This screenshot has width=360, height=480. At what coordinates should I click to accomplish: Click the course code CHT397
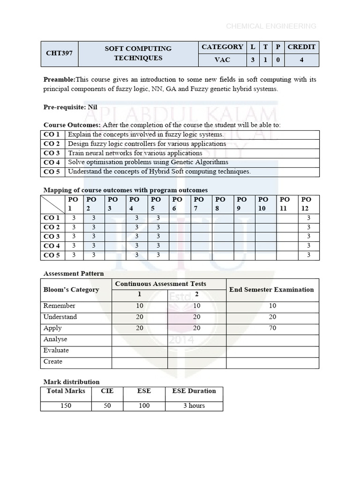point(59,53)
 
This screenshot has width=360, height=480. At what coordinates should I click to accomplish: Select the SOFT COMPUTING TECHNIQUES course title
point(138,53)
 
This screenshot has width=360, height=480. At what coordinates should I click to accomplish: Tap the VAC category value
point(222,60)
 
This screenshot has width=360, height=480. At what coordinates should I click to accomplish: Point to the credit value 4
point(301,60)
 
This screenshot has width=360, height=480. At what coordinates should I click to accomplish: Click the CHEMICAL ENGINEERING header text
point(271,26)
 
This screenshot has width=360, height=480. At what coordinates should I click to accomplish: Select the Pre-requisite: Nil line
point(70,107)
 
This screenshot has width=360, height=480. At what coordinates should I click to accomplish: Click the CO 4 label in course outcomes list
point(52,162)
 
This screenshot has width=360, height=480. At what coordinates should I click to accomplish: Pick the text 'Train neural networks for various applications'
point(135,153)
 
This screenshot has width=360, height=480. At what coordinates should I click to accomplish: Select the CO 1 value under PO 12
point(308,218)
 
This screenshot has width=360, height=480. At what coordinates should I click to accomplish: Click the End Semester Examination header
point(271,290)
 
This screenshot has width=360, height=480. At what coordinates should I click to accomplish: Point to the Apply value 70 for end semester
point(273,328)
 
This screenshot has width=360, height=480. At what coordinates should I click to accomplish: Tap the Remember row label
point(60,306)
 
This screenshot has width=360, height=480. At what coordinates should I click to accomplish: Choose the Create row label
point(53,361)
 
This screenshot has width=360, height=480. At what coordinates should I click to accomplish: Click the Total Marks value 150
point(66,405)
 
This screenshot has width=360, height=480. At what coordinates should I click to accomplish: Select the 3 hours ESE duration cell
point(194,405)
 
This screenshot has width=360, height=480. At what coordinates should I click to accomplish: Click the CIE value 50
point(107,405)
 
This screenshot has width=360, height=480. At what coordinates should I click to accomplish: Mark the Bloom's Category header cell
point(71,290)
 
